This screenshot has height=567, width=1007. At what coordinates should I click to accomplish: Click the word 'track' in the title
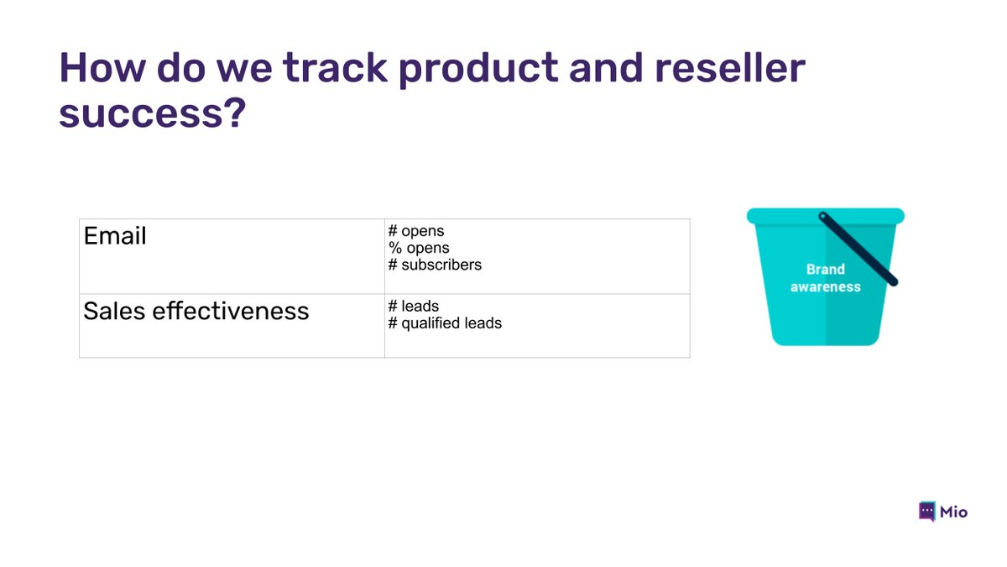coord(335,67)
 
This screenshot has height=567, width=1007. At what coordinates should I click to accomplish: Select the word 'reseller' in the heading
coord(730,67)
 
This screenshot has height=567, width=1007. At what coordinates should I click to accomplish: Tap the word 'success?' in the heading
coord(153,113)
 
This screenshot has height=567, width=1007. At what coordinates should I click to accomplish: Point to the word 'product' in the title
coord(478,70)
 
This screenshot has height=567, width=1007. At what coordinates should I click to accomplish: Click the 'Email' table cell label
coord(115,236)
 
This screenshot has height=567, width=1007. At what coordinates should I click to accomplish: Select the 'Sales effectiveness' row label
coord(196,311)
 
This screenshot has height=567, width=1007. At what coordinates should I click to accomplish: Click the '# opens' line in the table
coord(416,231)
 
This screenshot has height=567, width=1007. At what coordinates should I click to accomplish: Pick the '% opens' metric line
coord(419,248)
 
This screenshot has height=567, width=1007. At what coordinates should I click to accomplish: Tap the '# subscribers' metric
coord(435,265)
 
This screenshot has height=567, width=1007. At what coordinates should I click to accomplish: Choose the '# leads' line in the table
coord(414,306)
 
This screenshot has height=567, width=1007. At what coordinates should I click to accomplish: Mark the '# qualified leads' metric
coord(445,323)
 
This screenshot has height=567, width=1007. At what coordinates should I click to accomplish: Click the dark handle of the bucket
coord(858,249)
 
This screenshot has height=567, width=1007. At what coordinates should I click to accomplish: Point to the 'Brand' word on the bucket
coord(826,269)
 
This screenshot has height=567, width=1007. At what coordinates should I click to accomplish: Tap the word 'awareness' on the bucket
coord(826,286)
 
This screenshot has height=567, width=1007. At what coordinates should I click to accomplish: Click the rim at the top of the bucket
coord(826,216)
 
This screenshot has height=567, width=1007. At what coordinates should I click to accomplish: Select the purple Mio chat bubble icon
coord(927,512)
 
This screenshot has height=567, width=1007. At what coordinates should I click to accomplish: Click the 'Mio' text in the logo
coord(953,512)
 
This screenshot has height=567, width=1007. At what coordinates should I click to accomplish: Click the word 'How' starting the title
coord(102,67)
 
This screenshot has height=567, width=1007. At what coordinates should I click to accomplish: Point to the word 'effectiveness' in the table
coord(231,311)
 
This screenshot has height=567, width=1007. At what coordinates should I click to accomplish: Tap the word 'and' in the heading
coord(606,67)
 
